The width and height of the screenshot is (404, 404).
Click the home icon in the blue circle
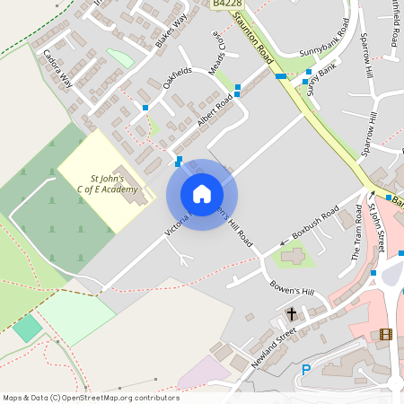(x=202, y=194)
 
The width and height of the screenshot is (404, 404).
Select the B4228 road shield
(x=224, y=4)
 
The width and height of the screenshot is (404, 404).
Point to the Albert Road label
(x=215, y=112)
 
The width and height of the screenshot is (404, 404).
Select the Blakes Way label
(x=171, y=30)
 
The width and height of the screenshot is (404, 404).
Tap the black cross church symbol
(x=292, y=314)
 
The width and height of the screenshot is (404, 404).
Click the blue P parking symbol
(x=306, y=369)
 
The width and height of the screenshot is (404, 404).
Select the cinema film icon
(x=386, y=335)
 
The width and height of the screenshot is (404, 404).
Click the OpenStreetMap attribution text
(x=90, y=398)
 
